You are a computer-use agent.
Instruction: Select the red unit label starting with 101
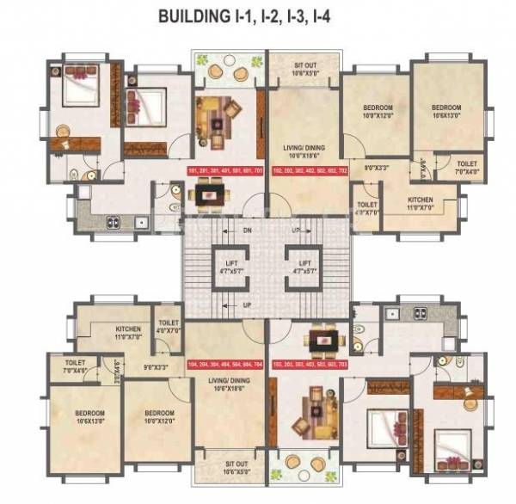[x=224, y=170]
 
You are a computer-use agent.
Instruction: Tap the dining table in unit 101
[x=208, y=196]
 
